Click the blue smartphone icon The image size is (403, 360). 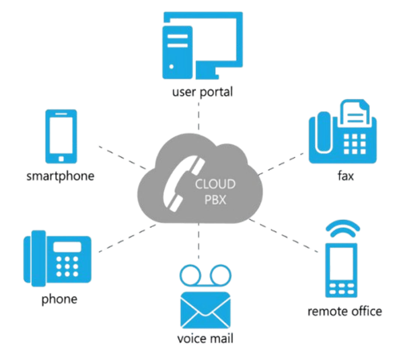[61, 136]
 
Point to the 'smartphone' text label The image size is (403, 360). [61, 176]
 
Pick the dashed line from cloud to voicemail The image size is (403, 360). [200, 246]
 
